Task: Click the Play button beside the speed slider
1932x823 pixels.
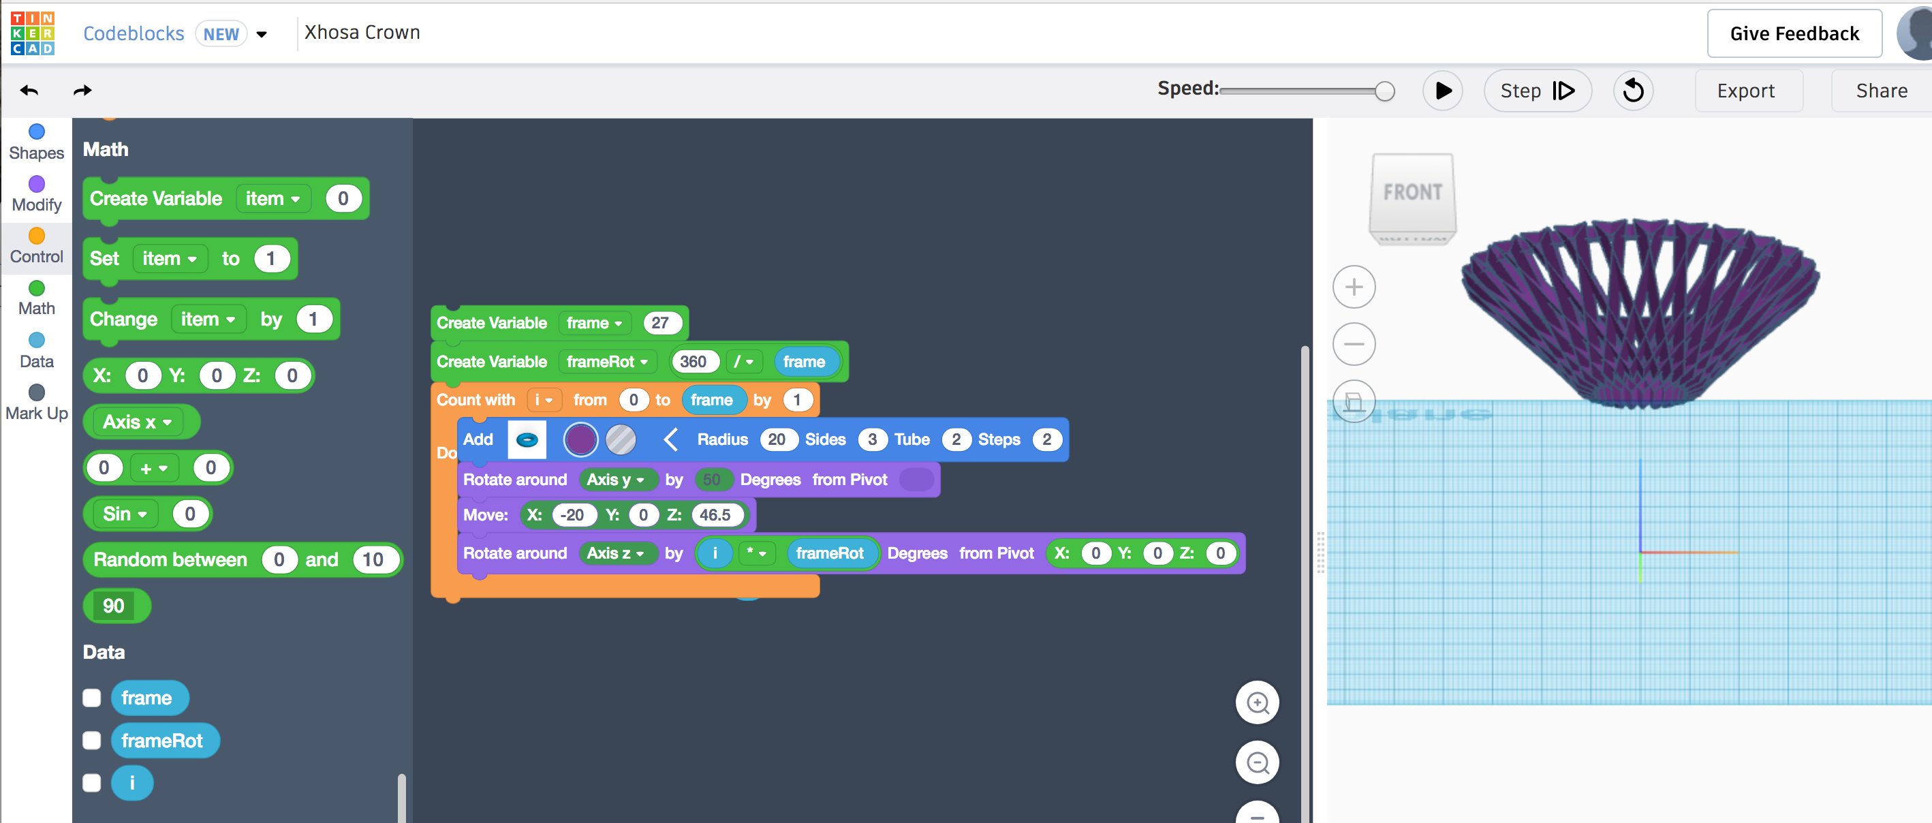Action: click(x=1442, y=91)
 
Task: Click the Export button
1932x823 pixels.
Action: click(x=1747, y=91)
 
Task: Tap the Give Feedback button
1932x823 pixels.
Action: click(x=1794, y=34)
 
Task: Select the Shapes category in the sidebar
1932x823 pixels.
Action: click(x=36, y=142)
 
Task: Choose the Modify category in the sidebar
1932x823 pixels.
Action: click(x=36, y=194)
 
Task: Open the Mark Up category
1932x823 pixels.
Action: click(x=36, y=403)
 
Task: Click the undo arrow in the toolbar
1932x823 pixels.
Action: click(x=29, y=91)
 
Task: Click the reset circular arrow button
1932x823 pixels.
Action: click(x=1633, y=91)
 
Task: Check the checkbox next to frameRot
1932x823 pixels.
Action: click(x=91, y=741)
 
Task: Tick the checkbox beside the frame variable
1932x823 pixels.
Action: click(x=91, y=698)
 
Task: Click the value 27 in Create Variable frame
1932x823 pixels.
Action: click(x=660, y=324)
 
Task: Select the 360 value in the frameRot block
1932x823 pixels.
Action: click(x=693, y=362)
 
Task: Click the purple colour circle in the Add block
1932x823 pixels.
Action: click(x=580, y=439)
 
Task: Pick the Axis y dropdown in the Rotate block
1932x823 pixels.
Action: click(x=615, y=480)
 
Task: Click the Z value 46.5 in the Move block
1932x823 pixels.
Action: click(x=715, y=514)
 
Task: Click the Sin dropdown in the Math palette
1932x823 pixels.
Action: click(x=125, y=514)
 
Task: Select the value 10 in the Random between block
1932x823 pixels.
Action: click(x=373, y=559)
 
